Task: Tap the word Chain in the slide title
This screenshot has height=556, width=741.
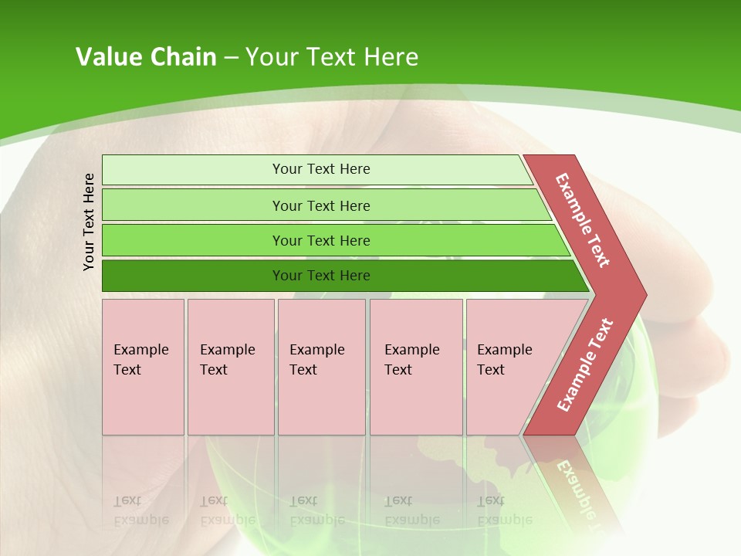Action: tap(181, 57)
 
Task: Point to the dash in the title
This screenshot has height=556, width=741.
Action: tap(231, 58)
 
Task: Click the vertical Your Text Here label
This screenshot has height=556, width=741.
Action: tap(89, 222)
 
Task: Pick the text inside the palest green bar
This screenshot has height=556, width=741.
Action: tap(321, 169)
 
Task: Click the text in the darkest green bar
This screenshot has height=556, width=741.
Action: tap(321, 276)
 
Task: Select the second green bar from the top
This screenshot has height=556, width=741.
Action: tap(321, 205)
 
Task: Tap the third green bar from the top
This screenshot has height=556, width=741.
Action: tap(321, 240)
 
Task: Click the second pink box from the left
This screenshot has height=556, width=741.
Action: tap(230, 367)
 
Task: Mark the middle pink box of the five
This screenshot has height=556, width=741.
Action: tap(321, 367)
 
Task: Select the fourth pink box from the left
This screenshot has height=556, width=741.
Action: tap(416, 367)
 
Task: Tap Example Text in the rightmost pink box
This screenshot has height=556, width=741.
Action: tap(504, 360)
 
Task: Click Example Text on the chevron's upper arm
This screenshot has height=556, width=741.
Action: tap(583, 220)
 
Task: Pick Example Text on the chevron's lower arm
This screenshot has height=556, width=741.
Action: tap(585, 364)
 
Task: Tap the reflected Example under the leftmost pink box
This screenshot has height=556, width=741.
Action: tap(140, 520)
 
